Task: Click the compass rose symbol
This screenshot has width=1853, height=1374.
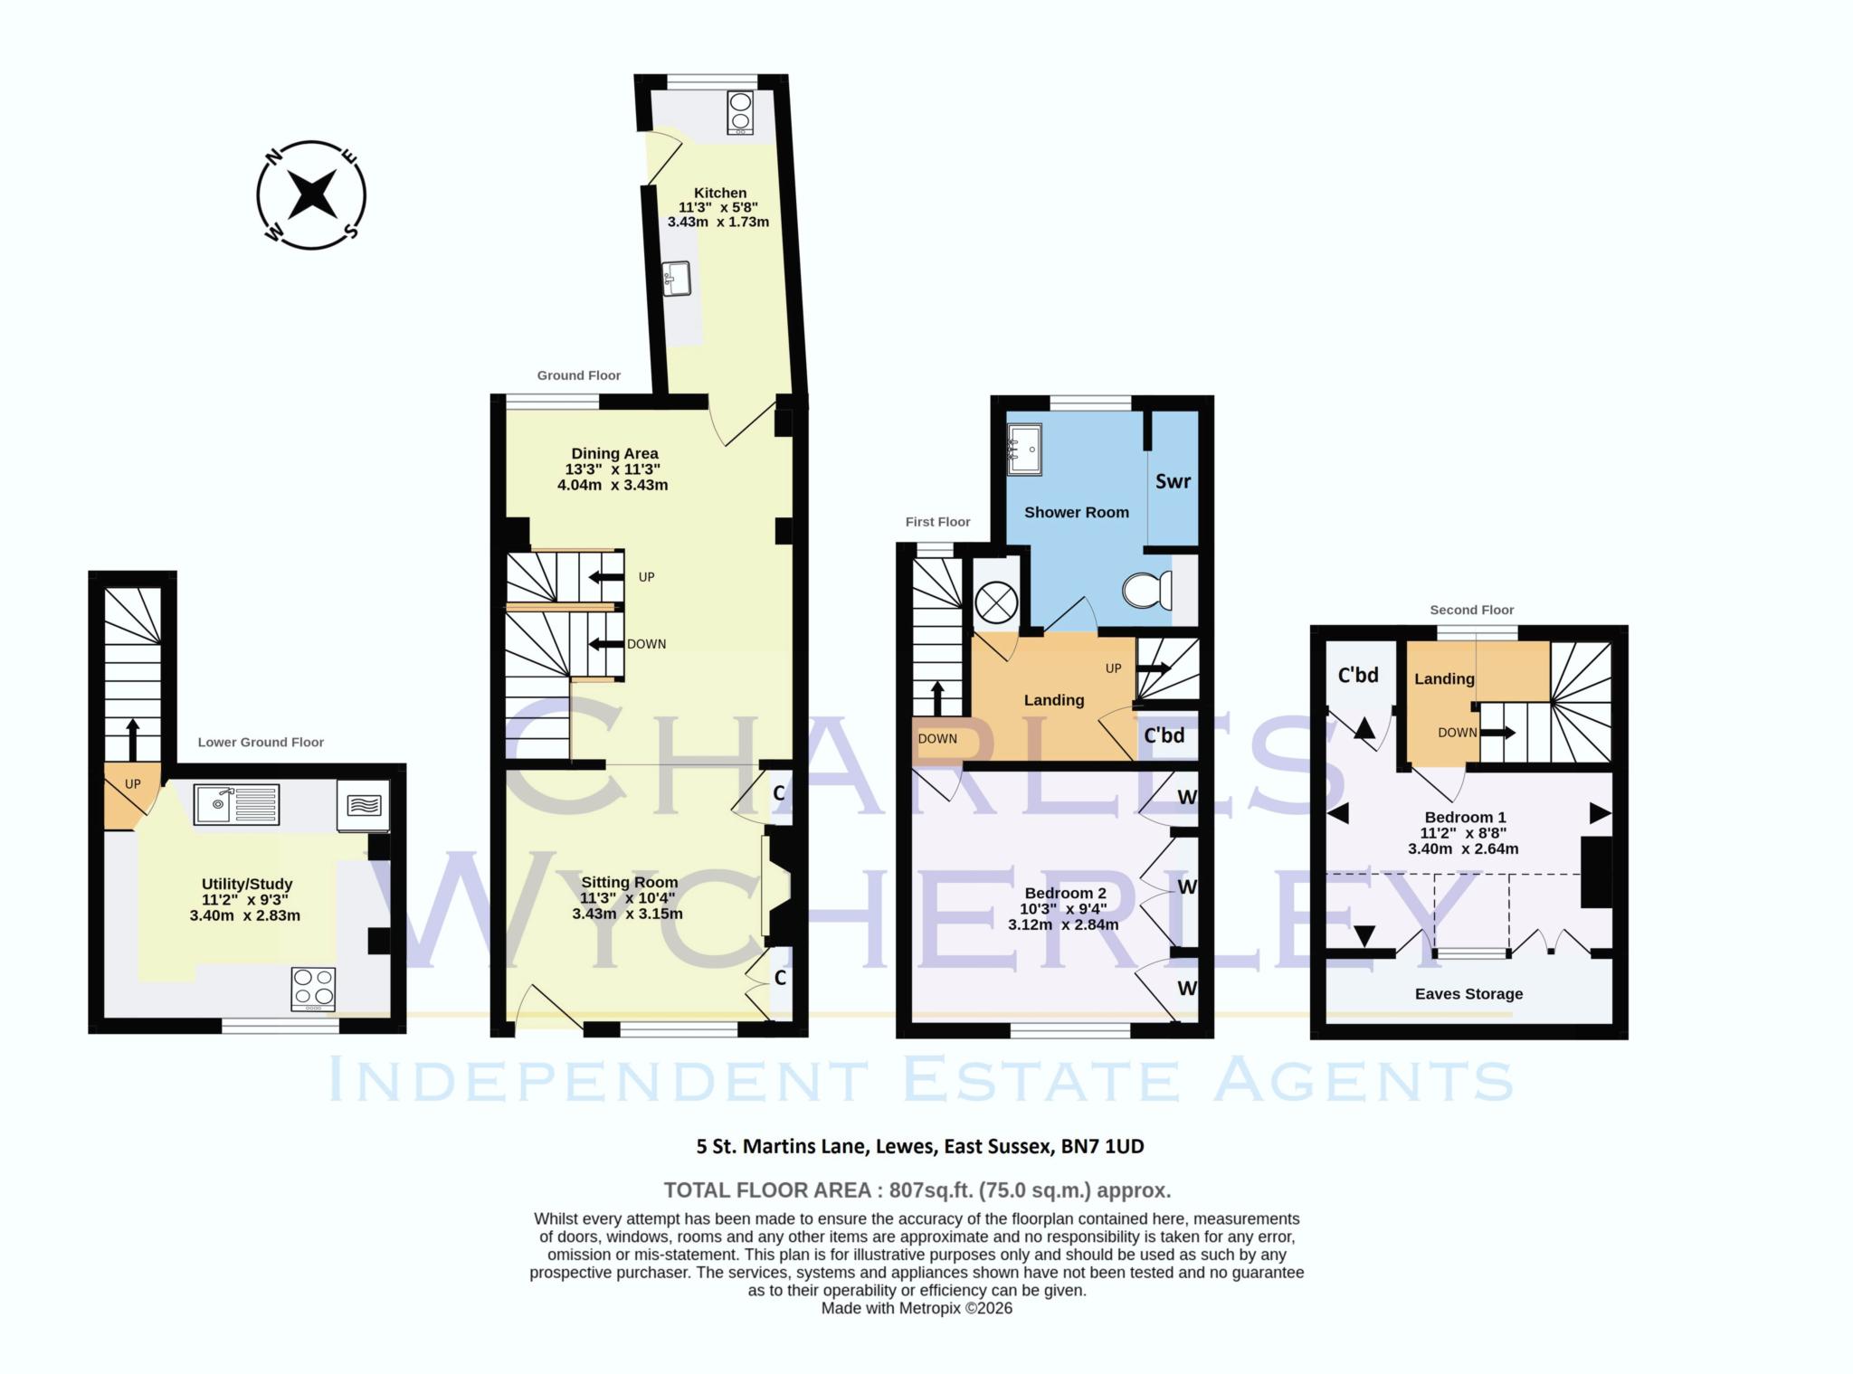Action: pos(311,194)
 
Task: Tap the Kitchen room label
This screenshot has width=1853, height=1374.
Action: pos(720,193)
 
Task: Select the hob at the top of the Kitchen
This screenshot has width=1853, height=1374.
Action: pos(740,113)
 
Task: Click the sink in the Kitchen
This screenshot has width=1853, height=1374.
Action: pos(676,279)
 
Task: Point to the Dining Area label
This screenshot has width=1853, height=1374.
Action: pos(614,453)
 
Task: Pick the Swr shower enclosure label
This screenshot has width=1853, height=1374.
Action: pos(1173,481)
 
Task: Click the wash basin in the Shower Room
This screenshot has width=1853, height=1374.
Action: pos(1026,448)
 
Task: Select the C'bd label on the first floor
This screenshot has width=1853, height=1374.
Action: pos(1164,735)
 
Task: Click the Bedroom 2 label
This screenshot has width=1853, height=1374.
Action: pos(1065,893)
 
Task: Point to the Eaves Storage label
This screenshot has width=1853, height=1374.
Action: pos(1468,993)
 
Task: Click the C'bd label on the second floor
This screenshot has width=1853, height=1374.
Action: pos(1357,675)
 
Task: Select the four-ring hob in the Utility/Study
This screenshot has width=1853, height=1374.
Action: pos(313,989)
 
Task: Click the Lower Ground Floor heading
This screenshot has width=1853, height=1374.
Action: pos(261,742)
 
